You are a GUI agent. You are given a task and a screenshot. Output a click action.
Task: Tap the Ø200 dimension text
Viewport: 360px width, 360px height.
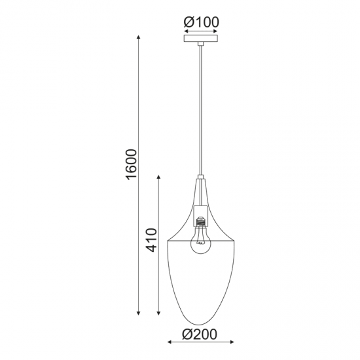click(199, 334)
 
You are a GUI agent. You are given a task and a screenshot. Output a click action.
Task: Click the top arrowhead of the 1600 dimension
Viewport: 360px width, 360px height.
click(139, 35)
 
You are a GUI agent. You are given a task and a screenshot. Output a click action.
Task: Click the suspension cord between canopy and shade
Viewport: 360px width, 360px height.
click(201, 111)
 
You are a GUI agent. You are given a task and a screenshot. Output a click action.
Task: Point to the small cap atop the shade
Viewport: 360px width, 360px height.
click(200, 178)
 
